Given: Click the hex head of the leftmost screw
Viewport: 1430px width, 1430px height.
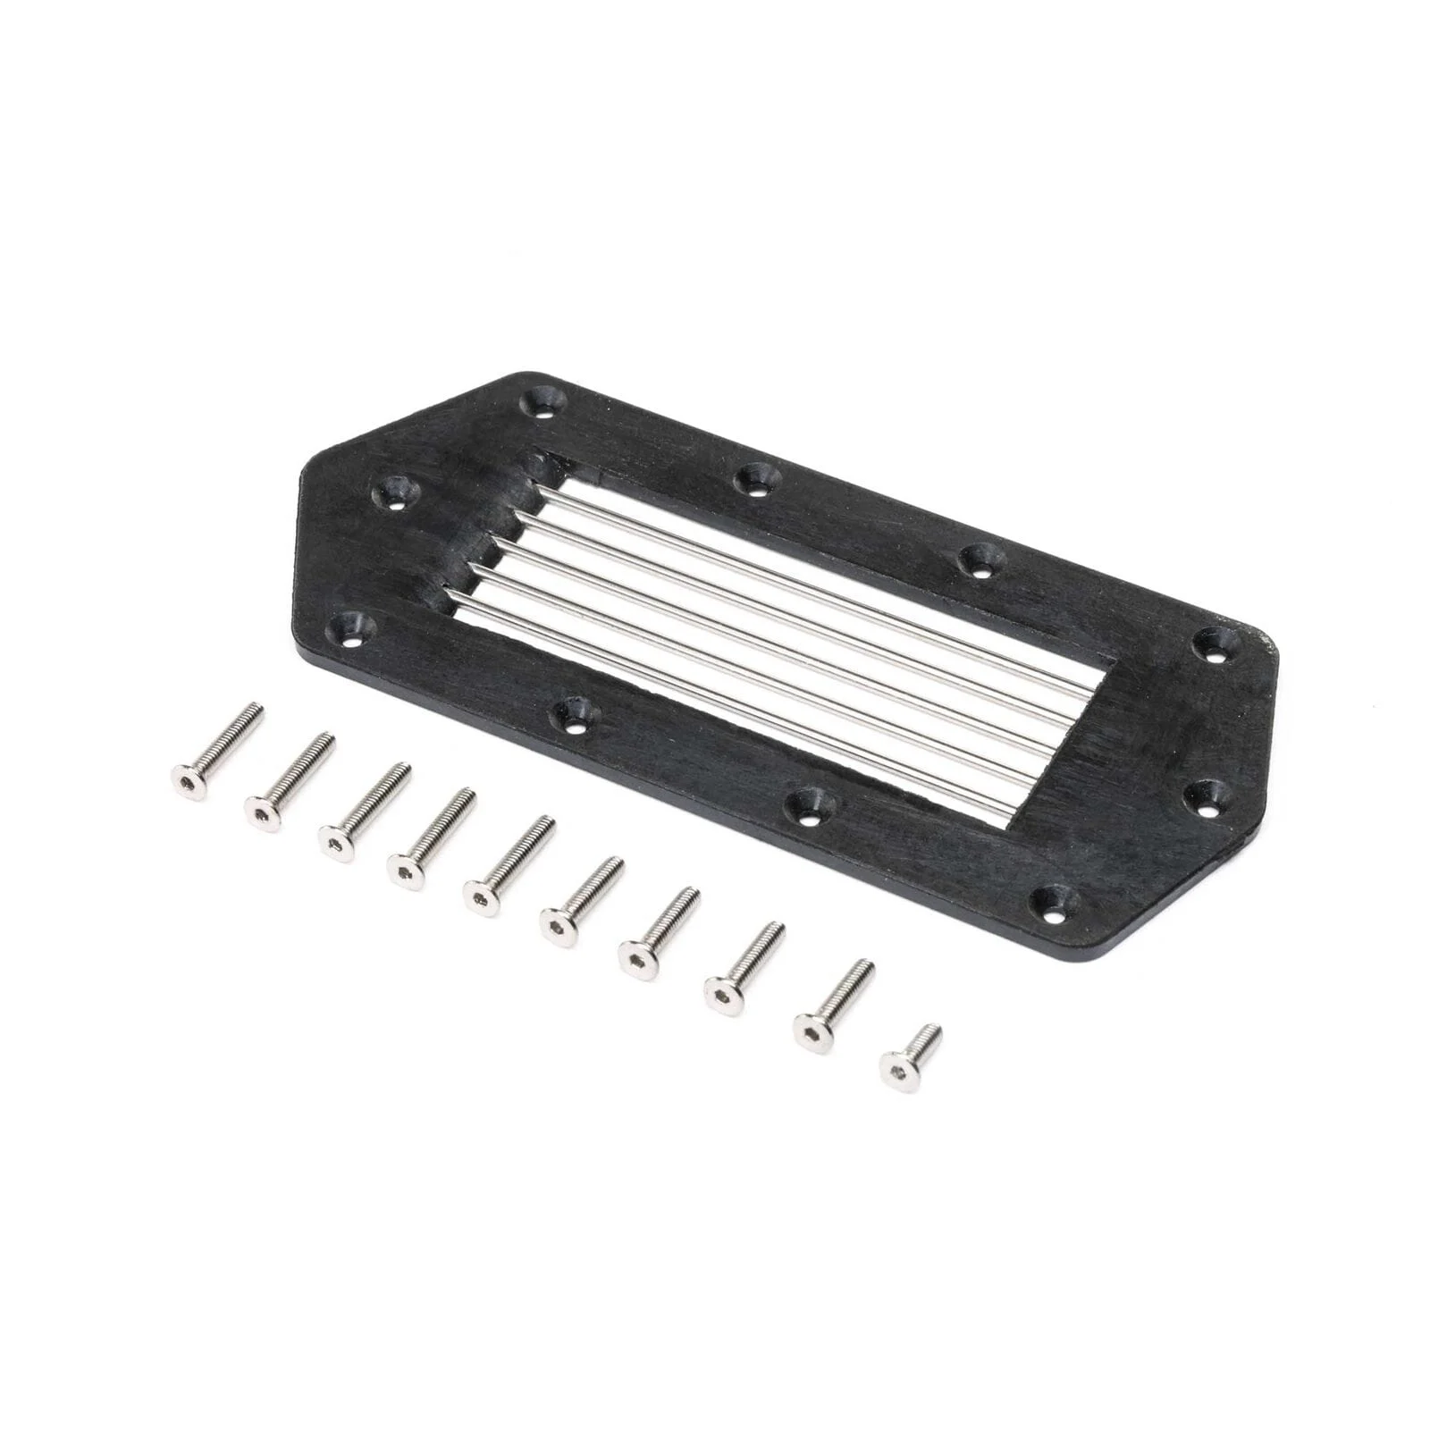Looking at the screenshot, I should tap(189, 783).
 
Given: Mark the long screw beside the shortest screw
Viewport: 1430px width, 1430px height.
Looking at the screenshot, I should tap(832, 1005).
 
